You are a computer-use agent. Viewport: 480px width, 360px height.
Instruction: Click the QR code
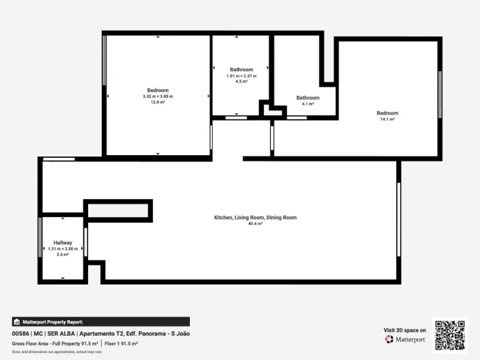tap(449, 334)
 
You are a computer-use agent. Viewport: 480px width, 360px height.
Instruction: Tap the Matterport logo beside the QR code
tap(405, 339)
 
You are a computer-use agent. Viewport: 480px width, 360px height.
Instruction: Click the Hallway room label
tap(63, 243)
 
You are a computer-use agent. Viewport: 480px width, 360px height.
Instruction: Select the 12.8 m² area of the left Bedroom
tap(157, 102)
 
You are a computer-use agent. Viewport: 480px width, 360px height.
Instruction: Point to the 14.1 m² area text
tap(388, 120)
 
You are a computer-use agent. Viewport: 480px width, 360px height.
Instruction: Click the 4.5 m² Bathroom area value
tap(241, 82)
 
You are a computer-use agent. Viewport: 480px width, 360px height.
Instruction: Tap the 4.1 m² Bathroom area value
tap(308, 104)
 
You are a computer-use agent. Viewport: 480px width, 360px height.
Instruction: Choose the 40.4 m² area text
tap(255, 223)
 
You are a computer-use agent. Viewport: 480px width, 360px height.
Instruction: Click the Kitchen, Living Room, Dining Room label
tap(255, 217)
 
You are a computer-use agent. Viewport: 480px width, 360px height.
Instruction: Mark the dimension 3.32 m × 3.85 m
tap(157, 96)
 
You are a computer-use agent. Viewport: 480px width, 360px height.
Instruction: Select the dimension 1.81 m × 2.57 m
tap(241, 76)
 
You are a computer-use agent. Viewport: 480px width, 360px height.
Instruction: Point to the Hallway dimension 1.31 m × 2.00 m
tap(63, 248)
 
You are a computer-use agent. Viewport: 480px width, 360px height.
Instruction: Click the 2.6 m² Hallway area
tap(63, 254)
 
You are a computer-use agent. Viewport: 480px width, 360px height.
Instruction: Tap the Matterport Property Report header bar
tap(100, 322)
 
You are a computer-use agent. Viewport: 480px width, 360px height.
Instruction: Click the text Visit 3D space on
tap(405, 330)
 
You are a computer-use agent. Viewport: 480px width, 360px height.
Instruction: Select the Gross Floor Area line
tap(75, 344)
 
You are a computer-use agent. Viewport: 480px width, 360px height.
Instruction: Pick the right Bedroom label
tap(388, 113)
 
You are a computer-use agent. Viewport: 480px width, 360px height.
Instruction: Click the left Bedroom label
tap(157, 90)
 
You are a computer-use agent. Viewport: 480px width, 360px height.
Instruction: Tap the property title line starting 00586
tap(100, 333)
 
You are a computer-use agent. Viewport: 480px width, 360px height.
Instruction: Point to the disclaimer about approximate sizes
tap(57, 351)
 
